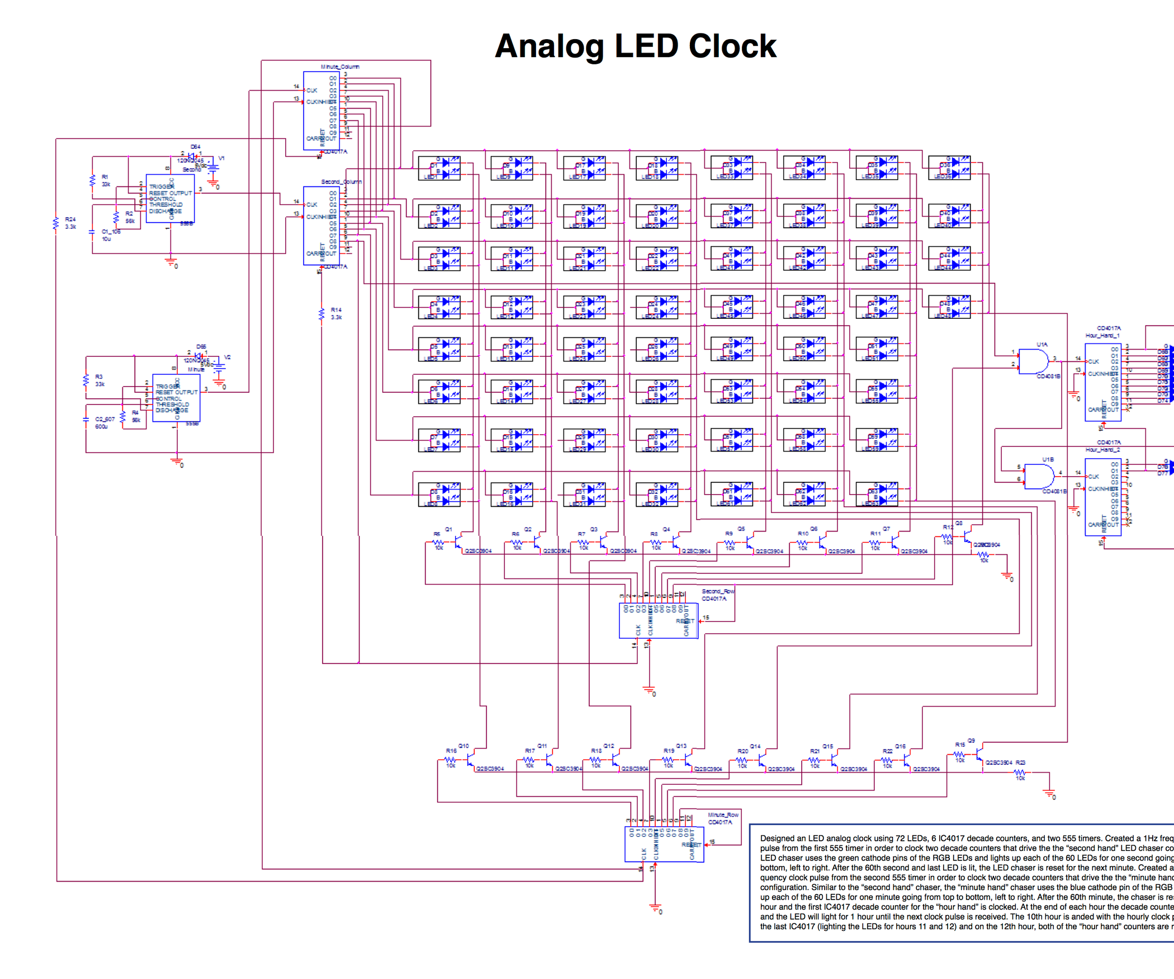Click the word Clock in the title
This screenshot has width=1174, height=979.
(732, 46)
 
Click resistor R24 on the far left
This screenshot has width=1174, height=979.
(55, 224)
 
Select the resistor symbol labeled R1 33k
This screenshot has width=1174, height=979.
(93, 181)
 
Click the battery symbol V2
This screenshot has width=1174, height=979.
(220, 367)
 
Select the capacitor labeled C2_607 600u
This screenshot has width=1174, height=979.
(86, 419)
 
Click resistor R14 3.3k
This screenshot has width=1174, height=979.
(321, 314)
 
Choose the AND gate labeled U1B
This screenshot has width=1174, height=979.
(1038, 476)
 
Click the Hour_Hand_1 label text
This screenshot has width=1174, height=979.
(1102, 336)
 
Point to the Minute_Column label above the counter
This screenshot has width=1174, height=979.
(340, 67)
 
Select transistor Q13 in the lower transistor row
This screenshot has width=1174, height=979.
(688, 759)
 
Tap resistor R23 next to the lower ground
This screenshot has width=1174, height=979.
(1020, 772)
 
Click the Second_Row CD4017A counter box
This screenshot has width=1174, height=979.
(658, 620)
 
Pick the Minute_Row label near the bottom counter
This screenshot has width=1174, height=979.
(723, 815)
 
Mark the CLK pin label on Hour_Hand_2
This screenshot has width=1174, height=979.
(1093, 477)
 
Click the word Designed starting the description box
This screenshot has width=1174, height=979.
(777, 838)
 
